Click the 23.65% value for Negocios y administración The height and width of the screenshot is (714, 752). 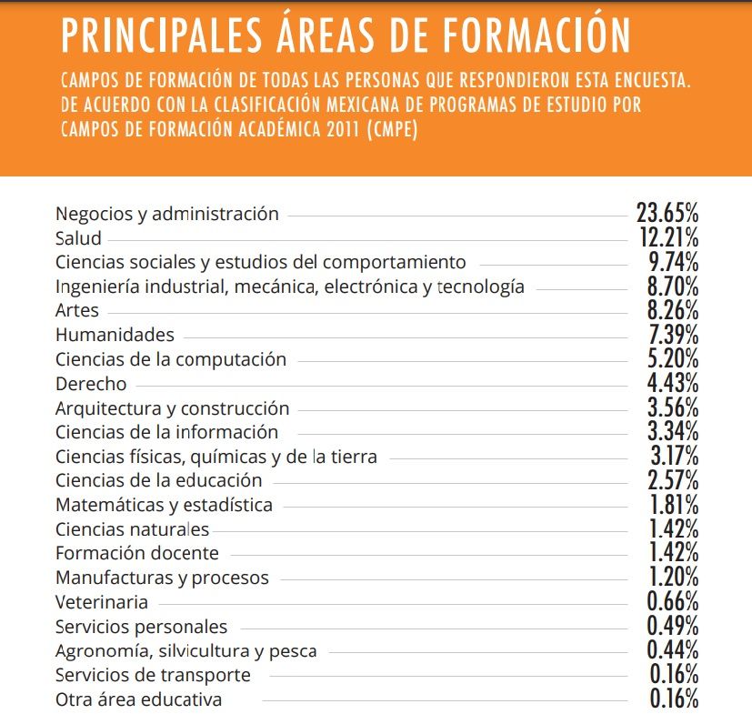667,215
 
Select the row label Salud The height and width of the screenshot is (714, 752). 78,238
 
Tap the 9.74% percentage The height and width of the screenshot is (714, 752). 674,263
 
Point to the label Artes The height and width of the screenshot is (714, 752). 77,311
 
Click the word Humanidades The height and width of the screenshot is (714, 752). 115,335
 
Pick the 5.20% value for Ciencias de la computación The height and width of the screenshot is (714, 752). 674,359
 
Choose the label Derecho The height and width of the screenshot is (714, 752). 91,384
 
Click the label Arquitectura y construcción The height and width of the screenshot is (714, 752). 172,408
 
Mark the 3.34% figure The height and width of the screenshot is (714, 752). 674,431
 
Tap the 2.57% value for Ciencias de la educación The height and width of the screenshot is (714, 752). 674,479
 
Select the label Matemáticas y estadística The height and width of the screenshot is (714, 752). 164,504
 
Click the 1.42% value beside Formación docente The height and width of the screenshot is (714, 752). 674,552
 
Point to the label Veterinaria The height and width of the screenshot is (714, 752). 101,601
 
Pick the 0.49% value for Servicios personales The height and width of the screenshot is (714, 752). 672,626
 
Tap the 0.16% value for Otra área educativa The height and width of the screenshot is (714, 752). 674,699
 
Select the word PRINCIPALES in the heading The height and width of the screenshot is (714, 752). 155,35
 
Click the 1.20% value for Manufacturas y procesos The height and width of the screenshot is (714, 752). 674,577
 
